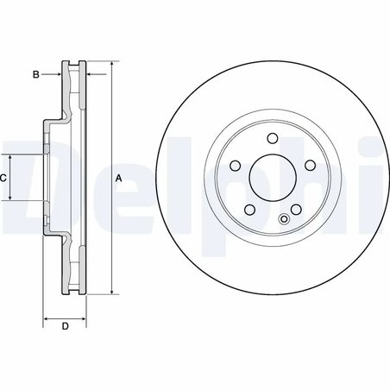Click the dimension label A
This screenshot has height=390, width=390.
[119, 178]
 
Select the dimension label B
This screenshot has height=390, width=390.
[35, 75]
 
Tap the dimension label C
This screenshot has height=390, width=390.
[3, 177]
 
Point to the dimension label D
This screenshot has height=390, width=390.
[65, 326]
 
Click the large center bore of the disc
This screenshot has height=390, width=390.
[272, 177]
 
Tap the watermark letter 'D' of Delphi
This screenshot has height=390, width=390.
[22, 177]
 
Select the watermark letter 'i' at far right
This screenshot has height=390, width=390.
[380, 177]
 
